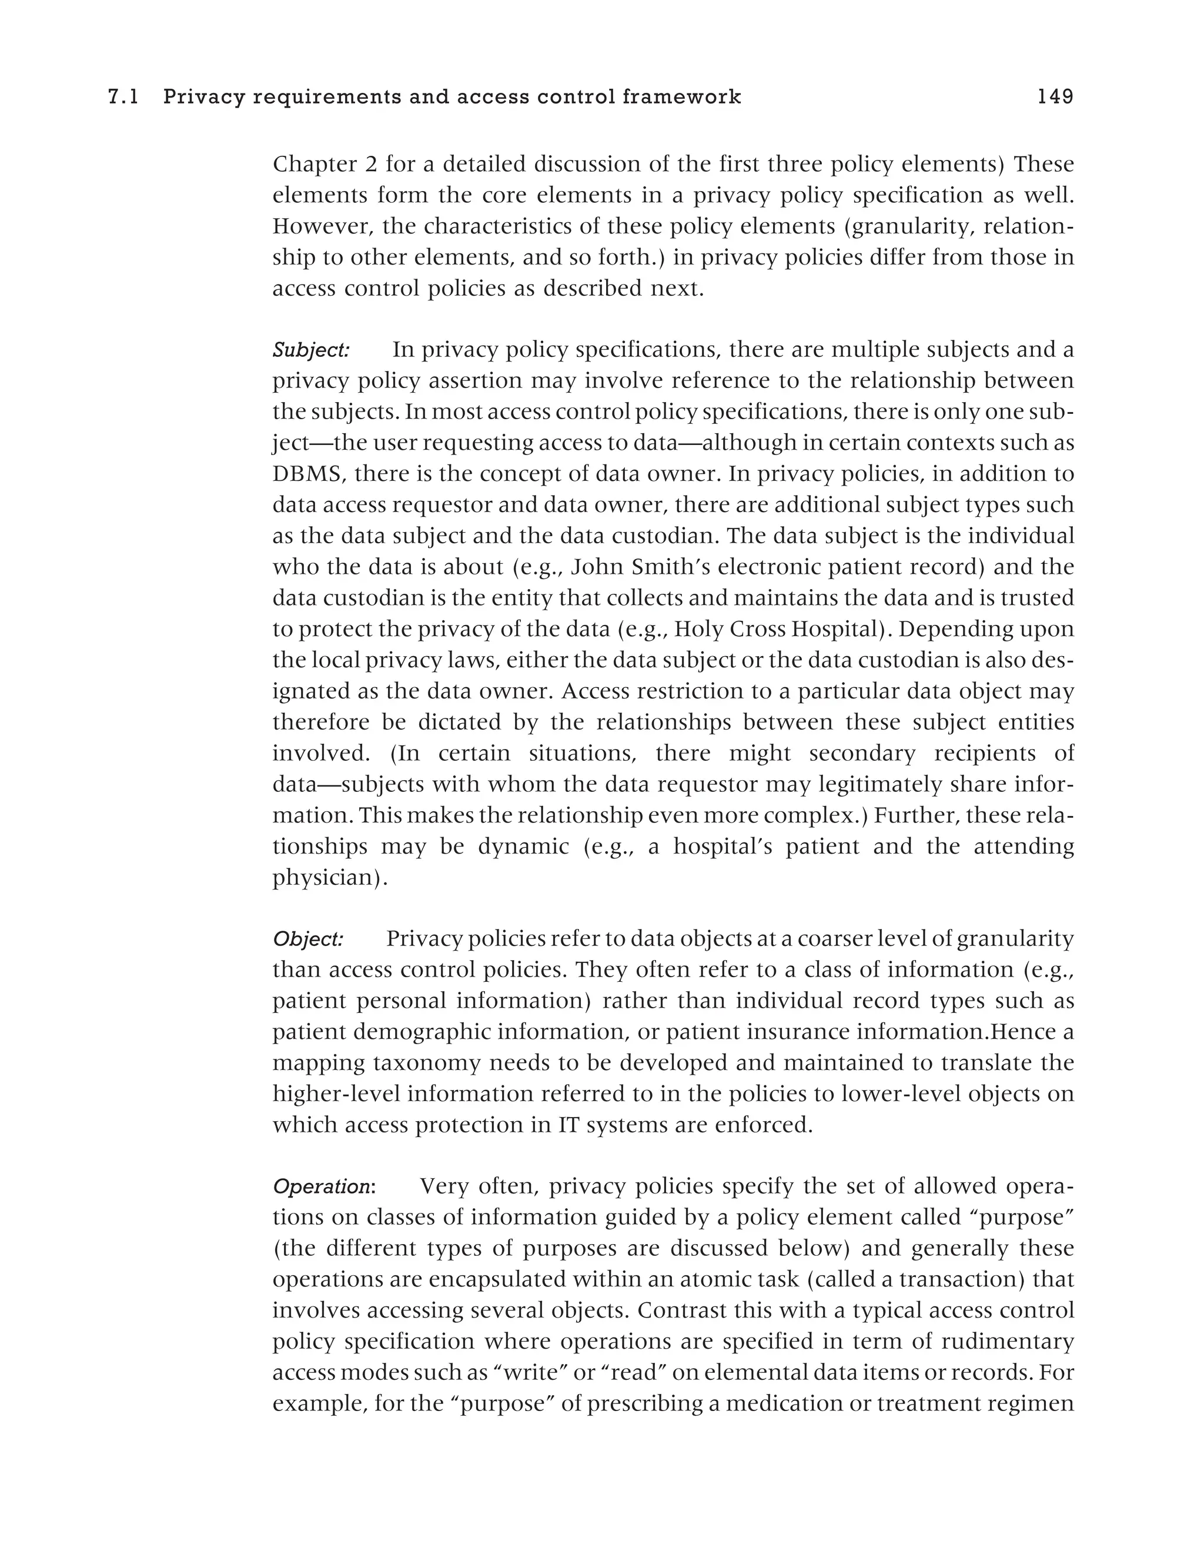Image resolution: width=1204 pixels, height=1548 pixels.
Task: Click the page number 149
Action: coord(1055,97)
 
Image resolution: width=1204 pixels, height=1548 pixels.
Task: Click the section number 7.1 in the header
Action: coord(123,97)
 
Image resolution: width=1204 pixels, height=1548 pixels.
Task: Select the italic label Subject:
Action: coord(311,350)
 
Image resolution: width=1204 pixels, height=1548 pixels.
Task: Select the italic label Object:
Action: coord(308,939)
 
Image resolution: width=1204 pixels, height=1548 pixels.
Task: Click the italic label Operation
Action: coord(322,1186)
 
